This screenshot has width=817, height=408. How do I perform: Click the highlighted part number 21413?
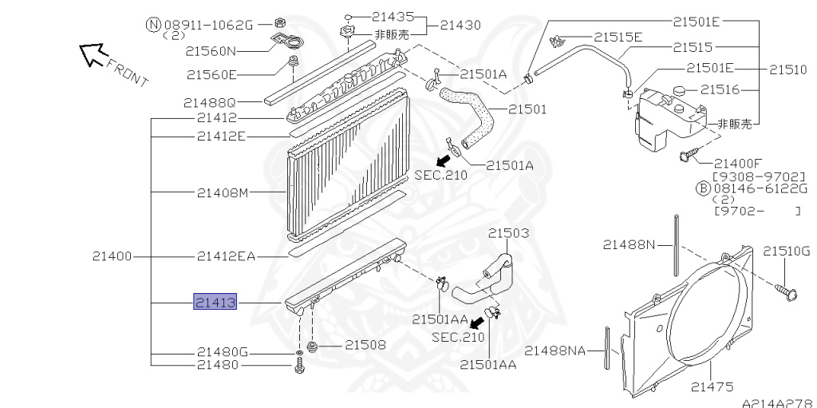[x=215, y=302]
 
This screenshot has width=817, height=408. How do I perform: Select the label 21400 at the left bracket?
[x=112, y=256]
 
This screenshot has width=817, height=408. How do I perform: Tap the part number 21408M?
[x=223, y=193]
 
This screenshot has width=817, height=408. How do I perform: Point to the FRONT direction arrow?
[x=93, y=54]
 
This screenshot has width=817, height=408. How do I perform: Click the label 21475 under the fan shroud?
[x=712, y=386]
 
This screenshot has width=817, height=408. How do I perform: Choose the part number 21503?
[x=508, y=232]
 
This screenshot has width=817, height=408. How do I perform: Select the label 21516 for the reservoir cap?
[x=720, y=89]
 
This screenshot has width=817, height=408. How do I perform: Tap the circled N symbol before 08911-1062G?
[x=153, y=25]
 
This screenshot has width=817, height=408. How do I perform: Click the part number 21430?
[x=460, y=25]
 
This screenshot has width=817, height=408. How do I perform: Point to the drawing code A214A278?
[x=779, y=403]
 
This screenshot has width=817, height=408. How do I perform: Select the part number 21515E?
[x=618, y=37]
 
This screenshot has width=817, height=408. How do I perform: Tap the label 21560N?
[x=211, y=51]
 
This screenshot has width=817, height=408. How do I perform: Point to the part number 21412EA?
[x=226, y=256]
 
